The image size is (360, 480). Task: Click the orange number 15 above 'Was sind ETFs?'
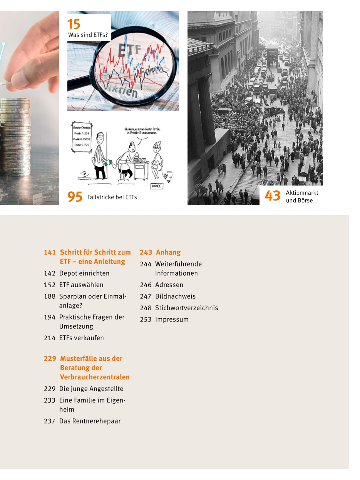pyautogui.click(x=74, y=24)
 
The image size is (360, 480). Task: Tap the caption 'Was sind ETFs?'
pyautogui.click(x=88, y=35)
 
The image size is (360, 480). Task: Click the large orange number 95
pyautogui.click(x=75, y=197)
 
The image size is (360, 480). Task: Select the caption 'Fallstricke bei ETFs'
pyautogui.click(x=112, y=197)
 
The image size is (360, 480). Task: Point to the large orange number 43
pyautogui.click(x=273, y=196)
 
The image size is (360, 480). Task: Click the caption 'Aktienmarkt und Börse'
pyautogui.click(x=302, y=196)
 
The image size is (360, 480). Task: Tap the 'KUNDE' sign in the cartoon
pyautogui.click(x=157, y=186)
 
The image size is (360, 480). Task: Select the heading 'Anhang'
pyautogui.click(x=168, y=253)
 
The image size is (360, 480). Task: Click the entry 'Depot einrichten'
pyautogui.click(x=84, y=273)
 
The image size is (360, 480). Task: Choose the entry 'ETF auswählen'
pyautogui.click(x=81, y=285)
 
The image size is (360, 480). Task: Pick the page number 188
pyautogui.click(x=50, y=296)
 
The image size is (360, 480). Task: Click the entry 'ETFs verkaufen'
pyautogui.click(x=82, y=338)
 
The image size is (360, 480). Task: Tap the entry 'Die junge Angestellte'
pyautogui.click(x=91, y=389)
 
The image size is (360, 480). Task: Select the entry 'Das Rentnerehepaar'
pyautogui.click(x=90, y=421)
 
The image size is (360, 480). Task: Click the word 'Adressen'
pyautogui.click(x=169, y=285)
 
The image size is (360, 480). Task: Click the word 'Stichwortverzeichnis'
pyautogui.click(x=186, y=308)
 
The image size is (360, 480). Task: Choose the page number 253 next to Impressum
pyautogui.click(x=146, y=319)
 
